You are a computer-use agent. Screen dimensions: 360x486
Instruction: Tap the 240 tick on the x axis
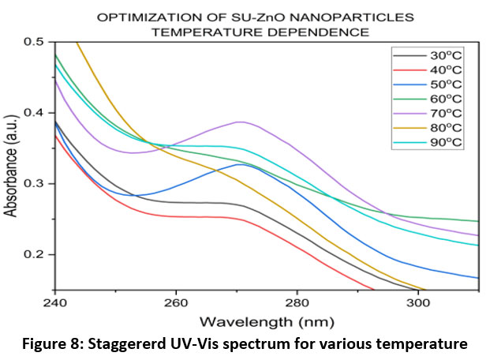(x=55, y=302)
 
